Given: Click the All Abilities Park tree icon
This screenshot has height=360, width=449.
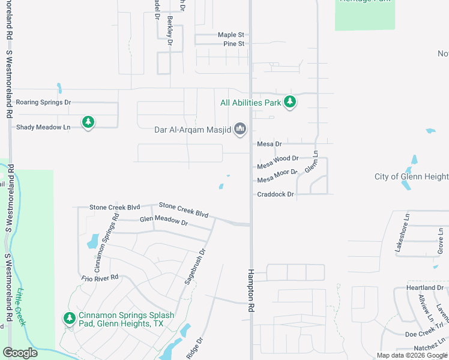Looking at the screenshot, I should [x=290, y=102].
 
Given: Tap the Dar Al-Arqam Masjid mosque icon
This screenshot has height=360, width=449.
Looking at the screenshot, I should [x=241, y=128].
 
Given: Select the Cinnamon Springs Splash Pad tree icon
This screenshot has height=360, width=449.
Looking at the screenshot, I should [x=70, y=318].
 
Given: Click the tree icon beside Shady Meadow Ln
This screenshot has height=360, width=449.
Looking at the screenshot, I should [x=88, y=123].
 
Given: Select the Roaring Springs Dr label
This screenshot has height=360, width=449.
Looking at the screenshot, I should [x=43, y=103].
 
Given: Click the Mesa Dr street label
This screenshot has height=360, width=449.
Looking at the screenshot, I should [x=269, y=144].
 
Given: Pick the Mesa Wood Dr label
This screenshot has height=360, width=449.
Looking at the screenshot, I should [x=277, y=158].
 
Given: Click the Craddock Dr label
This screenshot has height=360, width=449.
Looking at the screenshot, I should [x=275, y=194].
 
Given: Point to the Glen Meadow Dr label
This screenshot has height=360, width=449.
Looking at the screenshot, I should [x=164, y=221].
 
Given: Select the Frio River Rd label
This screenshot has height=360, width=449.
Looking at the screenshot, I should [x=100, y=278].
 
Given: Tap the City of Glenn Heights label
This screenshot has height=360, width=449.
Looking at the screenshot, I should [x=411, y=176].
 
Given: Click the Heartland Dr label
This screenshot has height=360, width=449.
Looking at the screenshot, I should [x=424, y=288].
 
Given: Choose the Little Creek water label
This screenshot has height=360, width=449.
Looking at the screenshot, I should [x=22, y=307].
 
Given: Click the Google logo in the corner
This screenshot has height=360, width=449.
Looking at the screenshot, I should [x=20, y=353].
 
